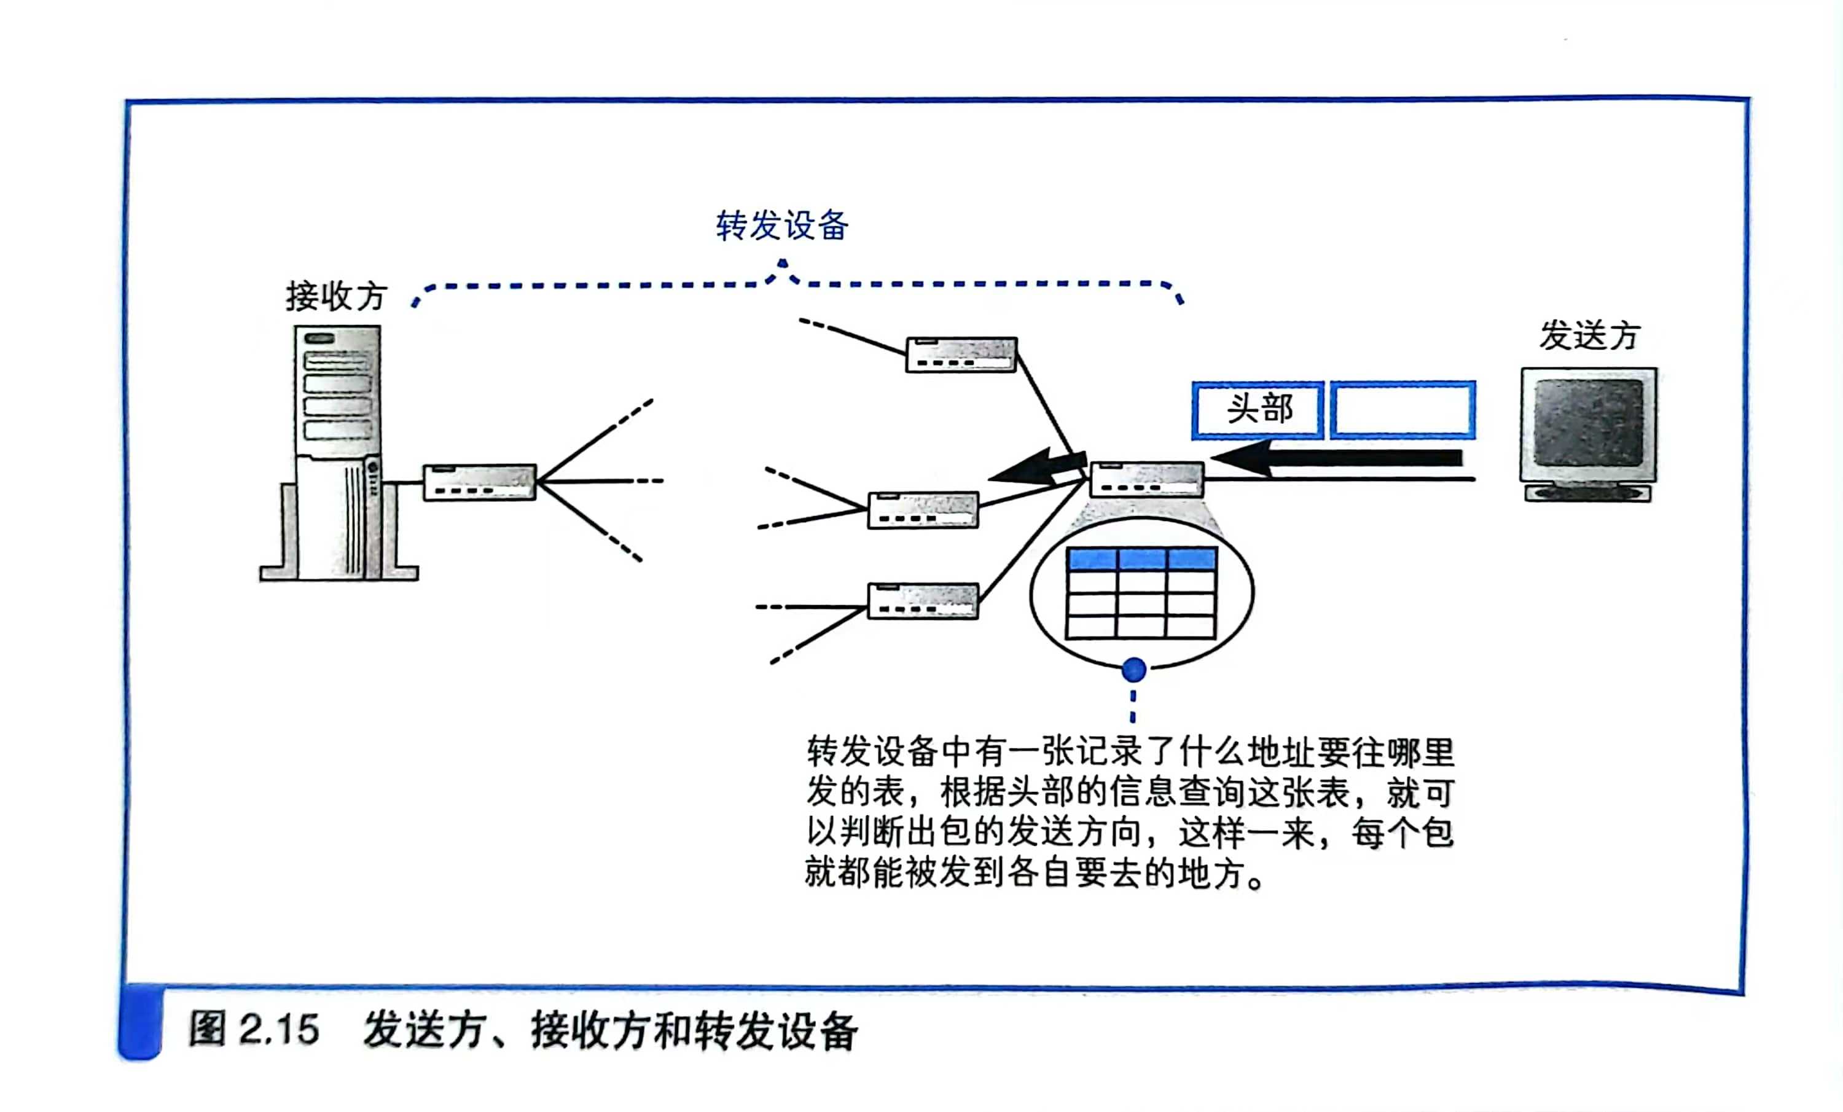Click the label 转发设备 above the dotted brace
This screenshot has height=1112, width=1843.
[x=781, y=226]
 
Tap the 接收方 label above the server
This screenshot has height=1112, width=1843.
[x=336, y=297]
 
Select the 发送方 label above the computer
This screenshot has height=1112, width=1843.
[x=1589, y=336]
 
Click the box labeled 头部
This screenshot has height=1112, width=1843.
[x=1258, y=410]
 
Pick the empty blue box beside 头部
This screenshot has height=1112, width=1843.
[x=1403, y=410]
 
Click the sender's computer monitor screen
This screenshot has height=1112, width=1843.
[x=1588, y=423]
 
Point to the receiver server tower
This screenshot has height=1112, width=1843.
[x=338, y=452]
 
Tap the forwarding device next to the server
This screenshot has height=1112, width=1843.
[x=479, y=482]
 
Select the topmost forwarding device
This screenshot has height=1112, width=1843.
[x=961, y=354]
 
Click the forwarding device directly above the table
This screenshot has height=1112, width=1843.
[x=1146, y=479]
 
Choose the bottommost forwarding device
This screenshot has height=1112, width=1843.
[x=923, y=600]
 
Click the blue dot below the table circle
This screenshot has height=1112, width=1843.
[x=1134, y=669]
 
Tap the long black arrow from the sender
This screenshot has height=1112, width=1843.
[x=1339, y=458]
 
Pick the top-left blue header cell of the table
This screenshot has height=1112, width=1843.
[x=1092, y=558]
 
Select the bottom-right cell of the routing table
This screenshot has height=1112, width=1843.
[x=1191, y=627]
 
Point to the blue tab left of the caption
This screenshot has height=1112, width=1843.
[x=140, y=1022]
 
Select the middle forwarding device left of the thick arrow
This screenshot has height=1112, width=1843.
[x=923, y=510]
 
